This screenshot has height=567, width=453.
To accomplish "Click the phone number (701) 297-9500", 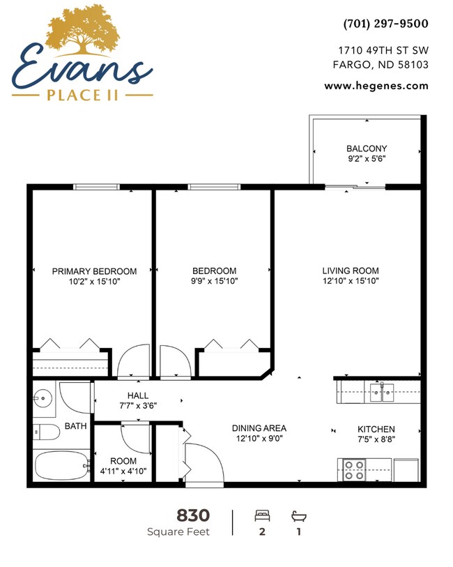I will point(385,24).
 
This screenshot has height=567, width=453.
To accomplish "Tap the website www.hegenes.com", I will point(376,86).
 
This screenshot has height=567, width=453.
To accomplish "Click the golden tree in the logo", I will point(82,30).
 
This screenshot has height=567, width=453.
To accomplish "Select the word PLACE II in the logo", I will point(83,95).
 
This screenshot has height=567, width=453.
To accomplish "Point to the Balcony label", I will point(367,149).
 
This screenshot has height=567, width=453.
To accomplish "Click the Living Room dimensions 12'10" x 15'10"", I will point(350,281).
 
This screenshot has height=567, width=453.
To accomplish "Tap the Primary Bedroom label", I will point(95,271).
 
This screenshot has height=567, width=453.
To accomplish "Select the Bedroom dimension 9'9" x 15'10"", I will point(215,281).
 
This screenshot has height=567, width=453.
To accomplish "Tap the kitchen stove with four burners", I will point(353,469).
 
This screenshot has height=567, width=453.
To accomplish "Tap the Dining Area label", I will point(259,428).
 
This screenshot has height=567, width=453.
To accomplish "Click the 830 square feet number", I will point(193,515).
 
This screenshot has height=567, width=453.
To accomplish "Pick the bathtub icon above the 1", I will point(298,516).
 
